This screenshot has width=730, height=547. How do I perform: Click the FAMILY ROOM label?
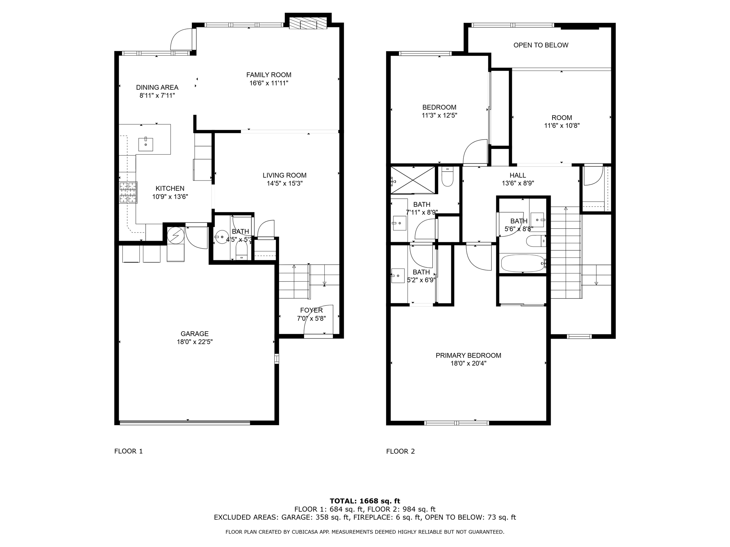269,75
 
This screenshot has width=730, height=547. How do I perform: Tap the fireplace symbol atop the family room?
308,24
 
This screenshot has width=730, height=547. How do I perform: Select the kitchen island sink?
145,144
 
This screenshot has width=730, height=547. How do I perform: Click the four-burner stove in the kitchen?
128,192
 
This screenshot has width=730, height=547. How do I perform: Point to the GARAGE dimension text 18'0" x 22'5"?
195,342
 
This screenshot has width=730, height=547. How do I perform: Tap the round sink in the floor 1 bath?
222,237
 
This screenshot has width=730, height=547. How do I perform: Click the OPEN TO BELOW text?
541,45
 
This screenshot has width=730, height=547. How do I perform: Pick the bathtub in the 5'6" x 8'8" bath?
523,264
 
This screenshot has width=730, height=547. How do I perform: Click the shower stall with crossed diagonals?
413,181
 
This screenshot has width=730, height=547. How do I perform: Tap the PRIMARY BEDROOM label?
468,355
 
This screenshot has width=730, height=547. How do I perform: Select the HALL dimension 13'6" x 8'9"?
518,183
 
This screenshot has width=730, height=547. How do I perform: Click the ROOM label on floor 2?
562,118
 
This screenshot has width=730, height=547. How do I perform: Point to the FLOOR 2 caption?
400,451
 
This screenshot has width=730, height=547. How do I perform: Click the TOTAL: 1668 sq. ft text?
365,501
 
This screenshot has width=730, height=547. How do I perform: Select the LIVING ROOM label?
284,175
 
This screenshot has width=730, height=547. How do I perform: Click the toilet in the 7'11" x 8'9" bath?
447,177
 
